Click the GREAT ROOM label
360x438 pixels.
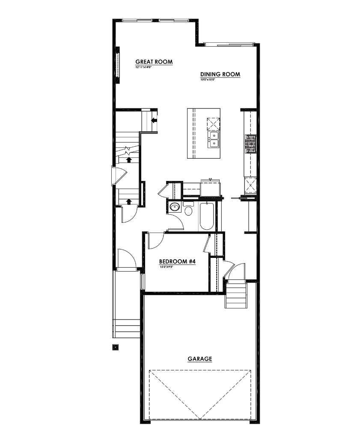pyautogui.click(x=154, y=62)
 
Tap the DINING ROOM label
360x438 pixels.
pyautogui.click(x=220, y=74)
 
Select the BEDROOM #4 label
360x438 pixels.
pyautogui.click(x=177, y=261)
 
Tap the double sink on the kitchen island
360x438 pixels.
pyautogui.click(x=214, y=139)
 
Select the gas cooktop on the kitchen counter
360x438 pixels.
pyautogui.click(x=251, y=143)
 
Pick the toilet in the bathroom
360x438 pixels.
pyautogui.click(x=188, y=210)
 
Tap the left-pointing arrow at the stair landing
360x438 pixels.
pyautogui.click(x=154, y=120)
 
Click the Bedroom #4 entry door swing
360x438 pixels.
pyautogui.click(x=155, y=241)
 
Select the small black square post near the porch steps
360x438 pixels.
pyautogui.click(x=115, y=347)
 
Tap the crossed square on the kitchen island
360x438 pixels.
pyautogui.click(x=213, y=123)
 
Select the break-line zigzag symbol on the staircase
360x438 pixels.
pyautogui.click(x=127, y=151)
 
